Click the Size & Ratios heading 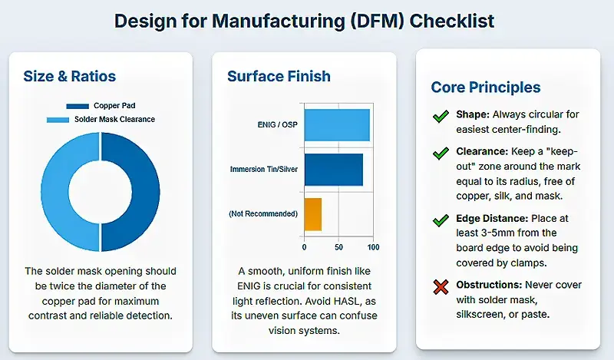pos(69,76)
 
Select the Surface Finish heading pos(279,76)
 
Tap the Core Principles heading pos(485,88)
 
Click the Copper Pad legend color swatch pos(78,106)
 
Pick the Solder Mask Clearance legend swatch pos(58,119)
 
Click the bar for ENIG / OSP pos(337,125)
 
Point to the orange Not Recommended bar pos(312,213)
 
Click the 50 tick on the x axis pos(339,247)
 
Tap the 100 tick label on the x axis pos(374,247)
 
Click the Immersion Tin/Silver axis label pos(264,169)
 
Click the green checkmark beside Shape pos(441,117)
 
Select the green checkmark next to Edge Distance pos(441,220)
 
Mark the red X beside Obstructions pos(441,288)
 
